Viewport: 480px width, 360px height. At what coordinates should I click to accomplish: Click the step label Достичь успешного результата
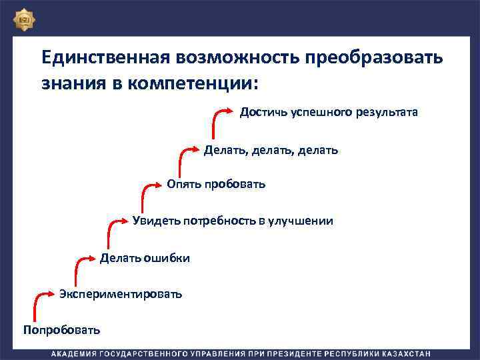329,112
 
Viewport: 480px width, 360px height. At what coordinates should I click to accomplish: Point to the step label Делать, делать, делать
271,150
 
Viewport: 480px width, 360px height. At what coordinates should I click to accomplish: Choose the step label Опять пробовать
216,184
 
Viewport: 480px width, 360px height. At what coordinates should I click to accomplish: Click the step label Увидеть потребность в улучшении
233,221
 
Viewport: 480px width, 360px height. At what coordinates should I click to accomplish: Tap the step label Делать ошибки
145,258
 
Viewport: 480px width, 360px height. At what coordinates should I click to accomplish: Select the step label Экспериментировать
120,294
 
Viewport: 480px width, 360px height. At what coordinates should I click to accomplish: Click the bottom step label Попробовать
61,330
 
